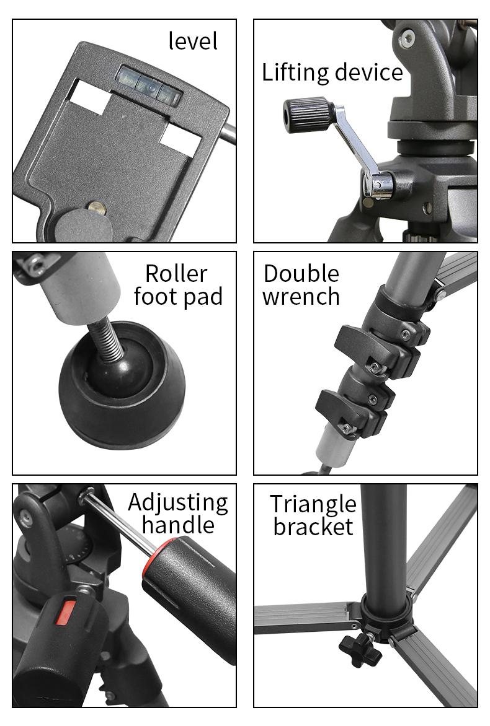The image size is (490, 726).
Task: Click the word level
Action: (x=193, y=42)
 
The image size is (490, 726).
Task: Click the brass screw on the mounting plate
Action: (x=94, y=206)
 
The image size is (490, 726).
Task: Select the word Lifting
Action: (x=295, y=73)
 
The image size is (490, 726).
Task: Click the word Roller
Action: (x=176, y=273)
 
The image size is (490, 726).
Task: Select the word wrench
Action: (x=301, y=297)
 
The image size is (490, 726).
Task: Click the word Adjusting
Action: (x=178, y=503)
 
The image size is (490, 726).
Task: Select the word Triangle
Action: (x=313, y=504)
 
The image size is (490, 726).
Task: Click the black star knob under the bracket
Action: (x=358, y=649)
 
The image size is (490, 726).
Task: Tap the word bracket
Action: (x=313, y=527)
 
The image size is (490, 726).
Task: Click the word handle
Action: (x=178, y=525)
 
